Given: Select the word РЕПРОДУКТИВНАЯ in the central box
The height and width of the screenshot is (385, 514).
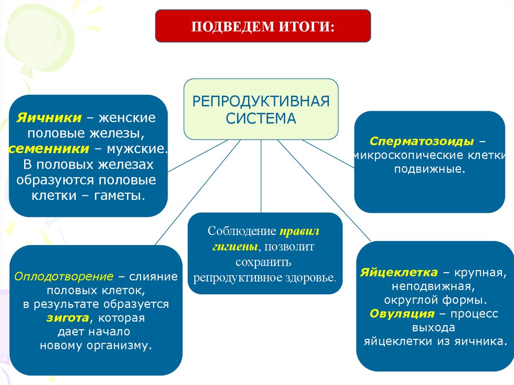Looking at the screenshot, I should (x=261, y=101).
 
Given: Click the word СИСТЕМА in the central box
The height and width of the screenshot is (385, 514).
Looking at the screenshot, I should (x=261, y=119).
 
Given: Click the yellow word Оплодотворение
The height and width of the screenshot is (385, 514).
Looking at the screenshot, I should (x=63, y=277).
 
